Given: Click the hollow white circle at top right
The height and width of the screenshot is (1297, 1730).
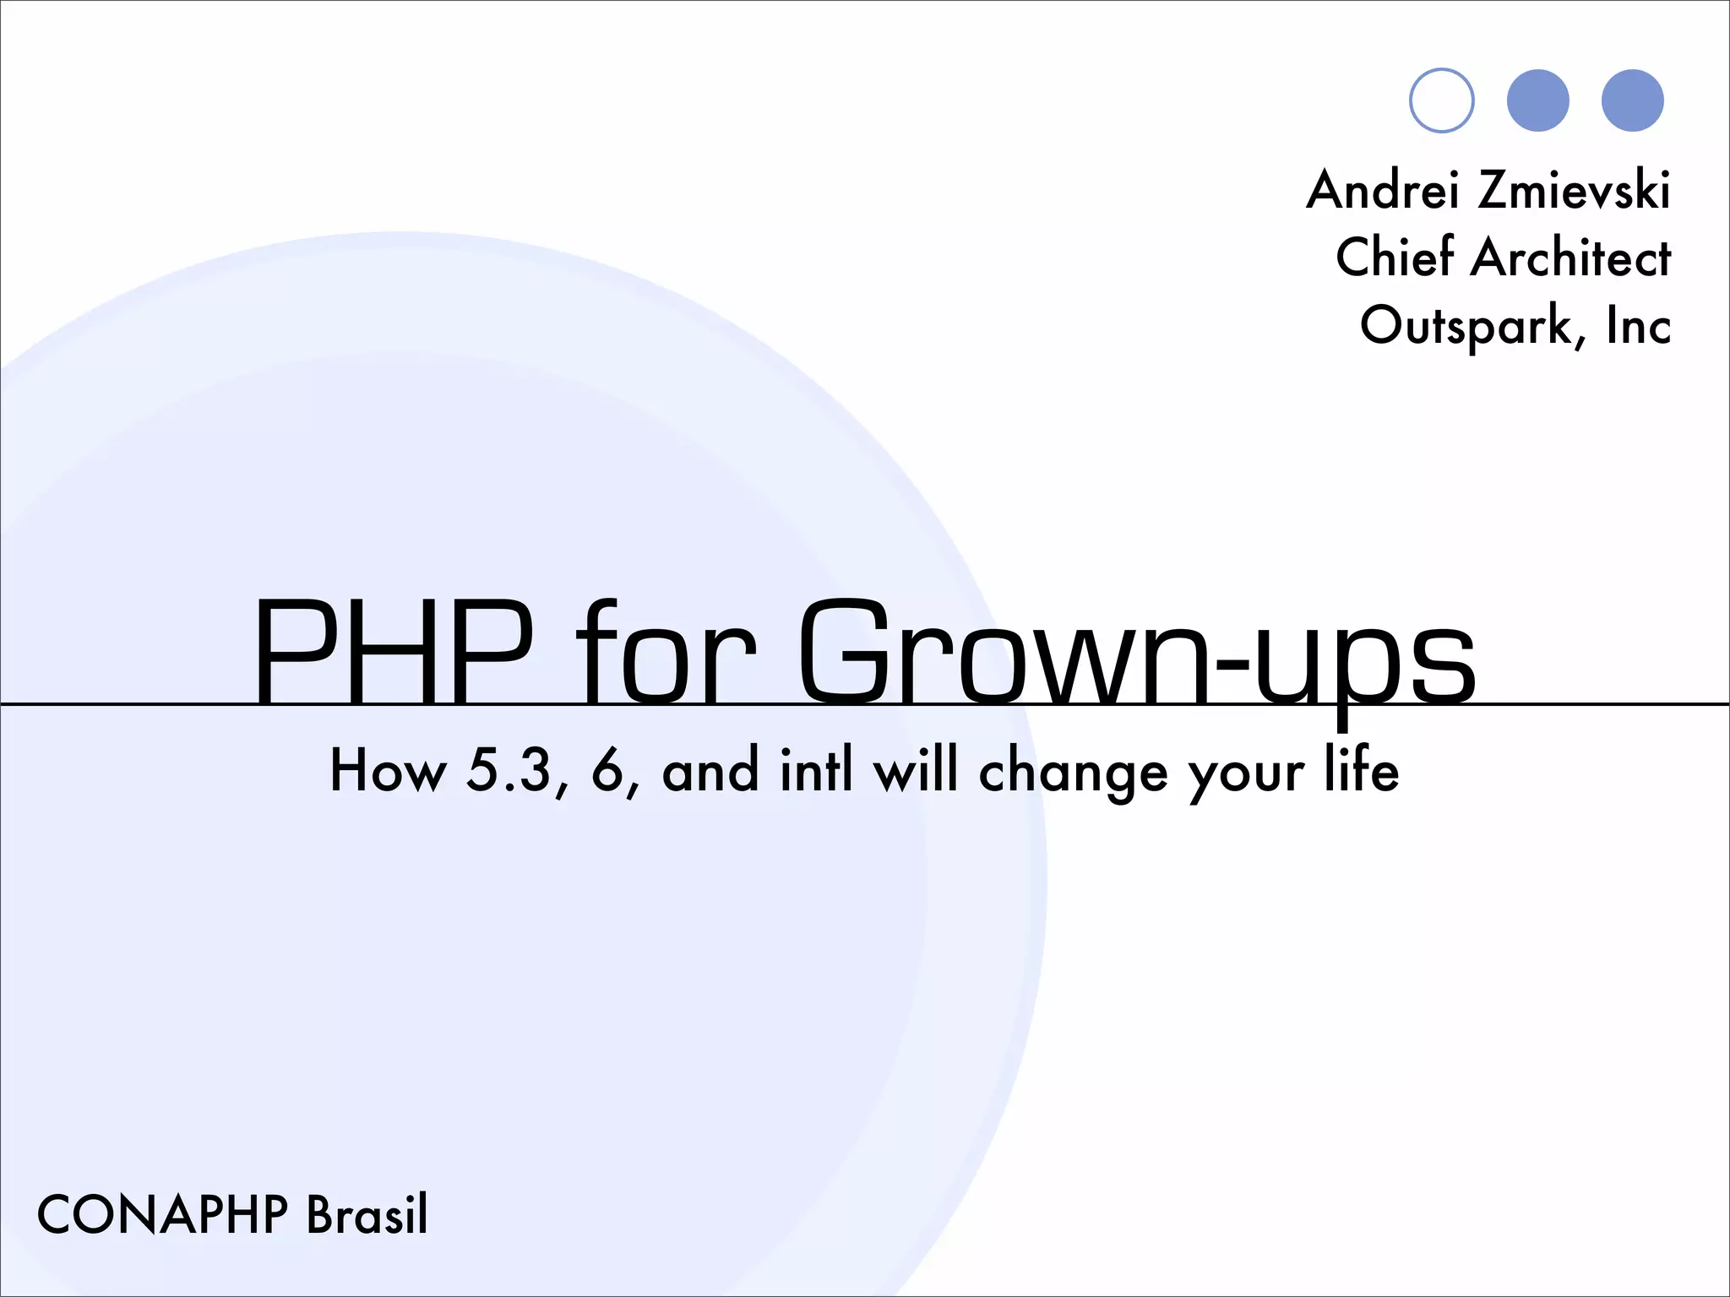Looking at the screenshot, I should tap(1442, 100).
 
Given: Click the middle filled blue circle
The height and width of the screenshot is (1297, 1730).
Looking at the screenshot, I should tap(1537, 100).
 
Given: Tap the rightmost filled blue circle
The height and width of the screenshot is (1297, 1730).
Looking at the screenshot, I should tap(1632, 100).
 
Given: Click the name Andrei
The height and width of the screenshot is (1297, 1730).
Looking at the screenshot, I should tap(1383, 189).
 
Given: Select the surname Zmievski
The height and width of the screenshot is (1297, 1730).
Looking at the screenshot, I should tap(1574, 189).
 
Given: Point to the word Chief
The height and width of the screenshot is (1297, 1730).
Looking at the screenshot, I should tap(1395, 257).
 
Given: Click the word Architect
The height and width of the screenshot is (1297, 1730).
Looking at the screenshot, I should tap(1570, 257).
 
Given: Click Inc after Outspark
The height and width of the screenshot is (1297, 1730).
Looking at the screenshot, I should tap(1639, 326).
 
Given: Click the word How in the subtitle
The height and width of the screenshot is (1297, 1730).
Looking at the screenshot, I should tap(388, 770).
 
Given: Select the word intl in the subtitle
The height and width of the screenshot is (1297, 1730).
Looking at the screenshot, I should tap(816, 770).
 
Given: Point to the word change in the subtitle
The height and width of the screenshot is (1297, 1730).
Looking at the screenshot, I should tap(1073, 772).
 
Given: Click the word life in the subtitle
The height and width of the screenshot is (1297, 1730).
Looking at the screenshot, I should tap(1361, 770).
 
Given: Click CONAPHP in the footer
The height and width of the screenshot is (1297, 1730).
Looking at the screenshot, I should tap(163, 1215).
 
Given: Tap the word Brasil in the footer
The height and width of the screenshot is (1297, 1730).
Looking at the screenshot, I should tap(367, 1215).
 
